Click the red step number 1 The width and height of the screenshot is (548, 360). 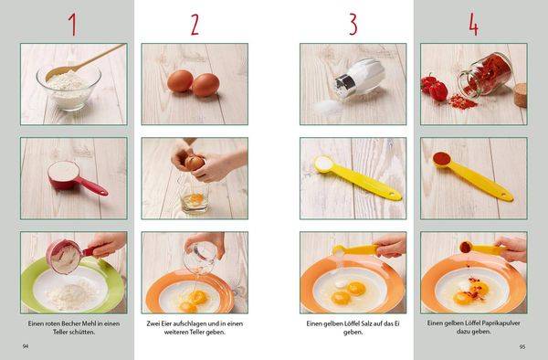point(73,25)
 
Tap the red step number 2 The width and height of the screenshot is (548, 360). point(195,25)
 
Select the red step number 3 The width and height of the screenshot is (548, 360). point(353,25)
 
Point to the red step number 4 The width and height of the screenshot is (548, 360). point(473,25)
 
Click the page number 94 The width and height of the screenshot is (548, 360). point(26,346)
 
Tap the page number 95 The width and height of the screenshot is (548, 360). point(522,346)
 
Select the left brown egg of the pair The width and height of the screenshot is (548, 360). point(180,80)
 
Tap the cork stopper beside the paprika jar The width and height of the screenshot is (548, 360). point(520,95)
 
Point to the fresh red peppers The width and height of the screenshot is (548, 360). point(434,87)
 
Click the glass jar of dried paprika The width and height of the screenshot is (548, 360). point(486,75)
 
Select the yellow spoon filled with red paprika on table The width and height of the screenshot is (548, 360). point(473,175)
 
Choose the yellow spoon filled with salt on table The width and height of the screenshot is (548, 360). point(357,178)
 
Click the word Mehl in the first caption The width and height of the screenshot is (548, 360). point(90,323)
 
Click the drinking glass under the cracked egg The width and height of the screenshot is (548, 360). point(195,195)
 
